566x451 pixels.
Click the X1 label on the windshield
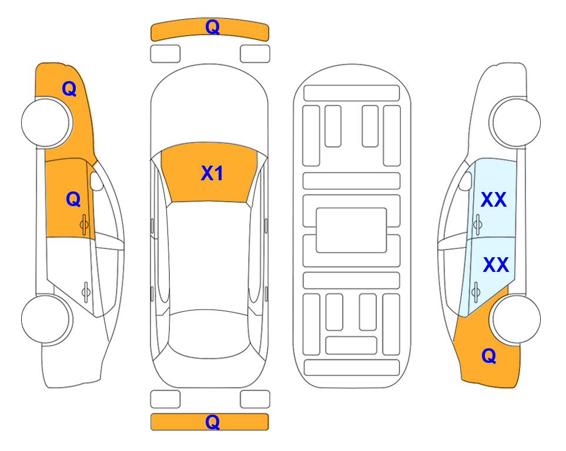(x=212, y=173)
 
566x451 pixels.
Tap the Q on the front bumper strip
(x=213, y=27)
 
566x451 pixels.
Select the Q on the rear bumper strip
(x=213, y=422)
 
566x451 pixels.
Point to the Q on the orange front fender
(x=69, y=89)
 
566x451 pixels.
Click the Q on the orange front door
(x=73, y=199)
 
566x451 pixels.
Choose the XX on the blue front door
(x=494, y=200)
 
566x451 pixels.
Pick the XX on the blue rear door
(x=496, y=265)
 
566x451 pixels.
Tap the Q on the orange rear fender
(x=489, y=356)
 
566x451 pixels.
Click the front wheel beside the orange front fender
(x=46, y=123)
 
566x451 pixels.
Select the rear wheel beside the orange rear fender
(x=516, y=319)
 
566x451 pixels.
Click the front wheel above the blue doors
(x=515, y=122)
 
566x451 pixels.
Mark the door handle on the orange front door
(x=85, y=224)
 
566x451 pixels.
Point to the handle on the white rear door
(x=86, y=291)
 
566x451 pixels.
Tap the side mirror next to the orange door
(x=96, y=181)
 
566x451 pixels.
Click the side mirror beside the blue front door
(x=465, y=181)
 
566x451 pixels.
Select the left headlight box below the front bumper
(x=165, y=54)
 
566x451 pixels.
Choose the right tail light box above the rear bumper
(x=255, y=399)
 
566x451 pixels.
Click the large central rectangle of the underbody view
(x=351, y=230)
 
